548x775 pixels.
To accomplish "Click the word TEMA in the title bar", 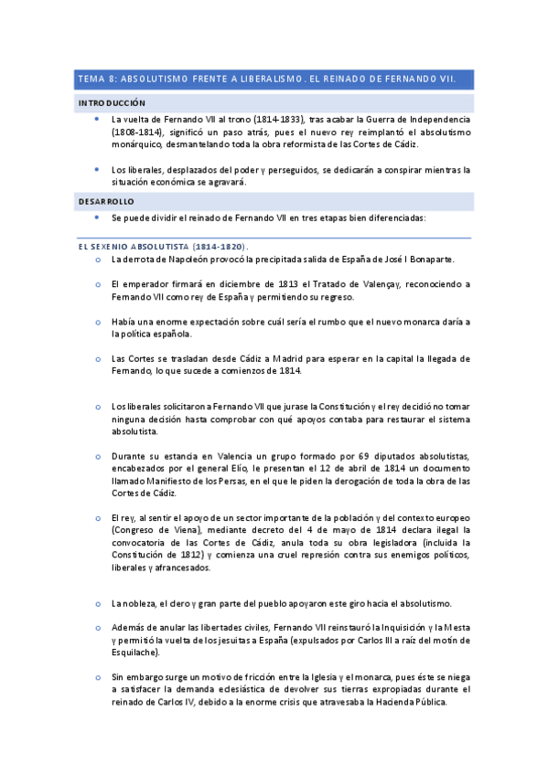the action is point(91,80).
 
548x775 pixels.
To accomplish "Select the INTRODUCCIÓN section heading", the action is point(112,103).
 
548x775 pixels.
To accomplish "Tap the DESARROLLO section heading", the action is point(105,200).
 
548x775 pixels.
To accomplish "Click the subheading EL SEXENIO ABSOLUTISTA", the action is point(133,247).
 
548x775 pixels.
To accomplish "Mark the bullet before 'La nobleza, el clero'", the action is point(98,604).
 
